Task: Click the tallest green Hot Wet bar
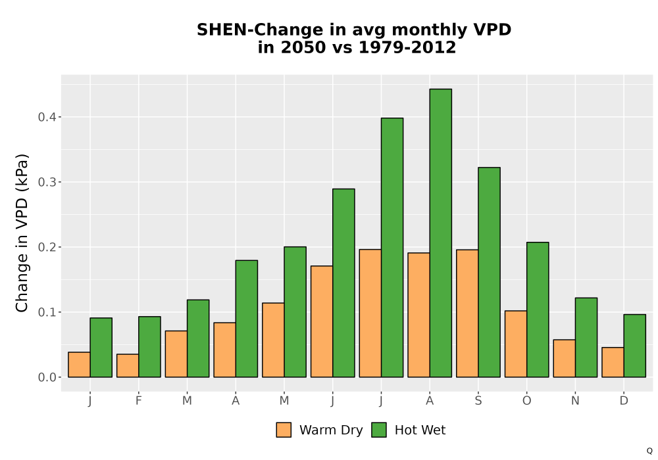pos(441,233)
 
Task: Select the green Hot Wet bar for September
pos(490,272)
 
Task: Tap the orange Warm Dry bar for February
pos(128,366)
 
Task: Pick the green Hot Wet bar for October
pos(538,310)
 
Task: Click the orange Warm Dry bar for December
pos(613,362)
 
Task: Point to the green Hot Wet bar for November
pos(586,338)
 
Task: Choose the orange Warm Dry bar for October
pos(516,344)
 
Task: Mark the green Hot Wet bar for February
pos(149,347)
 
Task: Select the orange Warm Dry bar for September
pos(467,313)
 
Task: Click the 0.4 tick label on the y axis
pos(47,117)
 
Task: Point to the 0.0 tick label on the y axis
pos(47,377)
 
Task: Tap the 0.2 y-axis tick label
pos(47,247)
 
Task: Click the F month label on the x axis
pos(138,401)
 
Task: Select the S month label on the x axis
pos(478,401)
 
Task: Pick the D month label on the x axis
pos(624,401)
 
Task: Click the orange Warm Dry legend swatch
pos(284,430)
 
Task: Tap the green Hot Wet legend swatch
pos(379,430)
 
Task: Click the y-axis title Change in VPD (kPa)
pos(22,233)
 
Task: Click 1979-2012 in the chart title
pos(407,47)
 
